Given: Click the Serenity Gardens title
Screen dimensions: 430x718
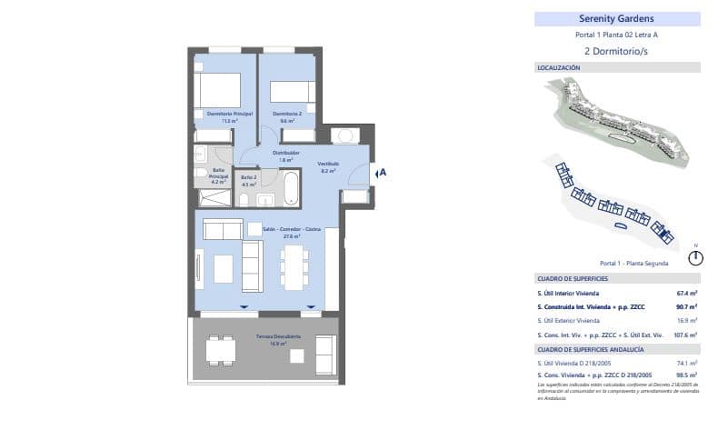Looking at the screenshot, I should [616, 18].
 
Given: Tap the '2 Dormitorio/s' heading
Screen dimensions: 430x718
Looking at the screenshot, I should [616, 51].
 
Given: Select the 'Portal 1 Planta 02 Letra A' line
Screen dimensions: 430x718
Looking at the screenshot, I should [616, 35].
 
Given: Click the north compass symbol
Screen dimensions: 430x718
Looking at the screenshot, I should [695, 257].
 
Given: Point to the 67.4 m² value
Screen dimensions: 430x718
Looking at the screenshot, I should [686, 294].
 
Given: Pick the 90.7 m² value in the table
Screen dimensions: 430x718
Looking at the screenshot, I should [686, 307].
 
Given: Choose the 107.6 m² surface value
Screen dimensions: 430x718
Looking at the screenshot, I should [685, 335].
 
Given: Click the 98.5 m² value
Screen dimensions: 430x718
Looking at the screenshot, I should [686, 375].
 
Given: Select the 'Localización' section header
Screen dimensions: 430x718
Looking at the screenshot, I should [559, 67].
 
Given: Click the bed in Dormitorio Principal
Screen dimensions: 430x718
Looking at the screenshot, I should [219, 91].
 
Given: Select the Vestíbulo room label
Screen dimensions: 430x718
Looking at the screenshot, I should [328, 165].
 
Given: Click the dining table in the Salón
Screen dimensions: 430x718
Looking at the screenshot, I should [292, 265].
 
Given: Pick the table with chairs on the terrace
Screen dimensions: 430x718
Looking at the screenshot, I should [218, 350].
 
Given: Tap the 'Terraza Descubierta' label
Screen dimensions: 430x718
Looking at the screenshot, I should [271, 336].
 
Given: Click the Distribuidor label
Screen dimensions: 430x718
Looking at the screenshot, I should [286, 154].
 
